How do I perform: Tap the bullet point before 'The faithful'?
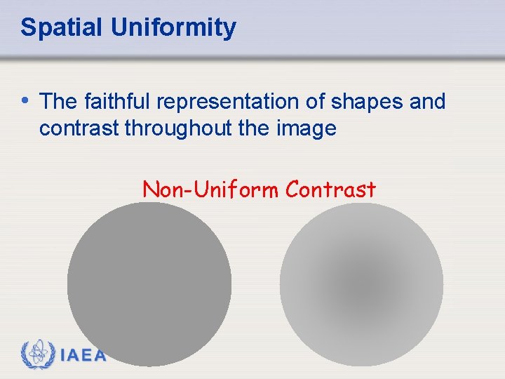(x=25, y=100)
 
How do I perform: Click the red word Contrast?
(x=332, y=189)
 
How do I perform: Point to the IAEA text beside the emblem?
(x=83, y=356)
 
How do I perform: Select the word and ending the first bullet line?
(x=427, y=102)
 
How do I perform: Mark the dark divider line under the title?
(x=252, y=57)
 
